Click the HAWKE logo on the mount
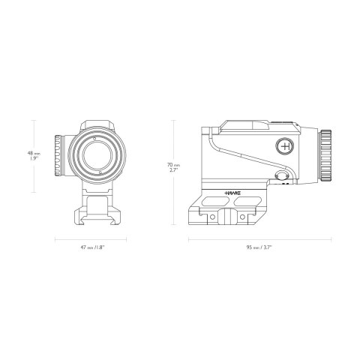click(235, 193)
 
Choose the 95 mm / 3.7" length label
click(257, 247)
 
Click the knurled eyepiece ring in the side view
click(325, 155)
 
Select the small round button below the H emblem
click(282, 176)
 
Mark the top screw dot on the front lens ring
click(95, 138)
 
